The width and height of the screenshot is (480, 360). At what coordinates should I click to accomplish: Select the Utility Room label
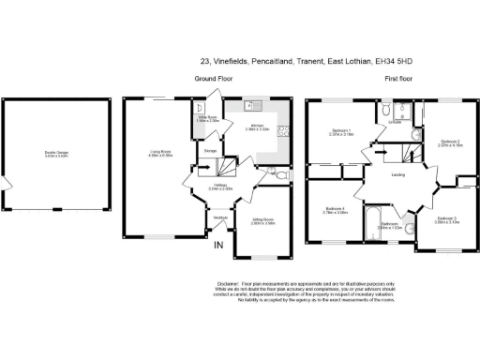[x=206, y=119]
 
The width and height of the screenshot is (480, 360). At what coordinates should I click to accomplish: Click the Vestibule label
[x=220, y=217]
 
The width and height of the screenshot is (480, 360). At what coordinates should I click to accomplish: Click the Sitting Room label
[x=262, y=222]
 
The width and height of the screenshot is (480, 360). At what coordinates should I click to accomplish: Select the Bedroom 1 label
[x=342, y=132]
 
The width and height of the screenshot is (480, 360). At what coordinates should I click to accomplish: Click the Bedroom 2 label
[x=452, y=142]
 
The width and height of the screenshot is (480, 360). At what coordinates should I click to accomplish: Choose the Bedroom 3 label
[x=445, y=220]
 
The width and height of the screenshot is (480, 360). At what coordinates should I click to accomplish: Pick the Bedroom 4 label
[x=336, y=210]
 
